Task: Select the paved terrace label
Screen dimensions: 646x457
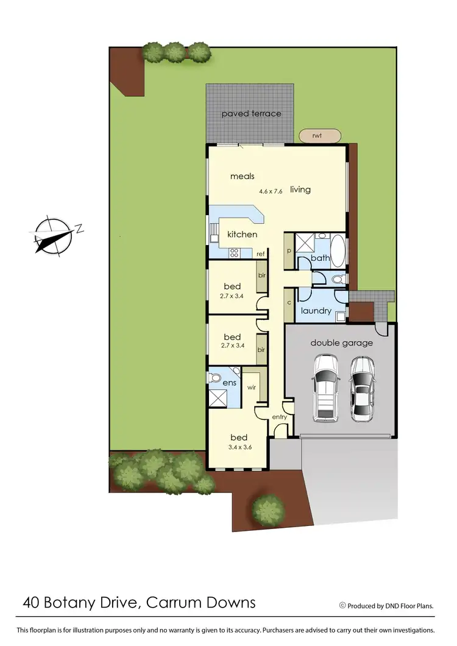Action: (251, 114)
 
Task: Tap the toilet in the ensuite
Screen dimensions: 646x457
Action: (214, 378)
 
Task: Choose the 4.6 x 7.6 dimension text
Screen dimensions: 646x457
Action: (271, 191)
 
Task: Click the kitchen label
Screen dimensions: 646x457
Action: (242, 235)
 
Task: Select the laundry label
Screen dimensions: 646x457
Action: (316, 311)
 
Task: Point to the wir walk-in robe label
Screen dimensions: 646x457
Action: (251, 386)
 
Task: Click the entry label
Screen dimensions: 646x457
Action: (280, 417)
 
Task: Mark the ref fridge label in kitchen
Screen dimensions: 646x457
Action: (260, 254)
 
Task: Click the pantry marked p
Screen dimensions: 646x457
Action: (288, 251)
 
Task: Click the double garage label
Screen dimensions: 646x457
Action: (341, 343)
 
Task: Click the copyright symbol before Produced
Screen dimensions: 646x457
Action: (342, 605)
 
